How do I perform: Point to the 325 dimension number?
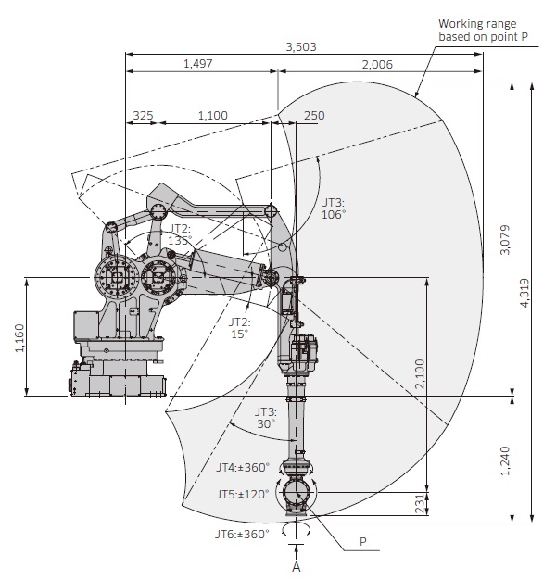[x=144, y=115]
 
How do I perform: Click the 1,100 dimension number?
[x=212, y=115]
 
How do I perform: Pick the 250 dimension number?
[x=313, y=115]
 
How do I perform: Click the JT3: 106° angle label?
[x=334, y=208]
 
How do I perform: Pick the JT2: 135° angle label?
[x=180, y=233]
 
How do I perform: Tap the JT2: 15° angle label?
[x=240, y=327]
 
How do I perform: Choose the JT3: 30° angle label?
[x=267, y=417]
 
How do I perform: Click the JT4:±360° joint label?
[x=243, y=467]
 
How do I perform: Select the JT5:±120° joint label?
[x=243, y=495]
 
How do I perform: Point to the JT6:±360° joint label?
[x=243, y=534]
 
